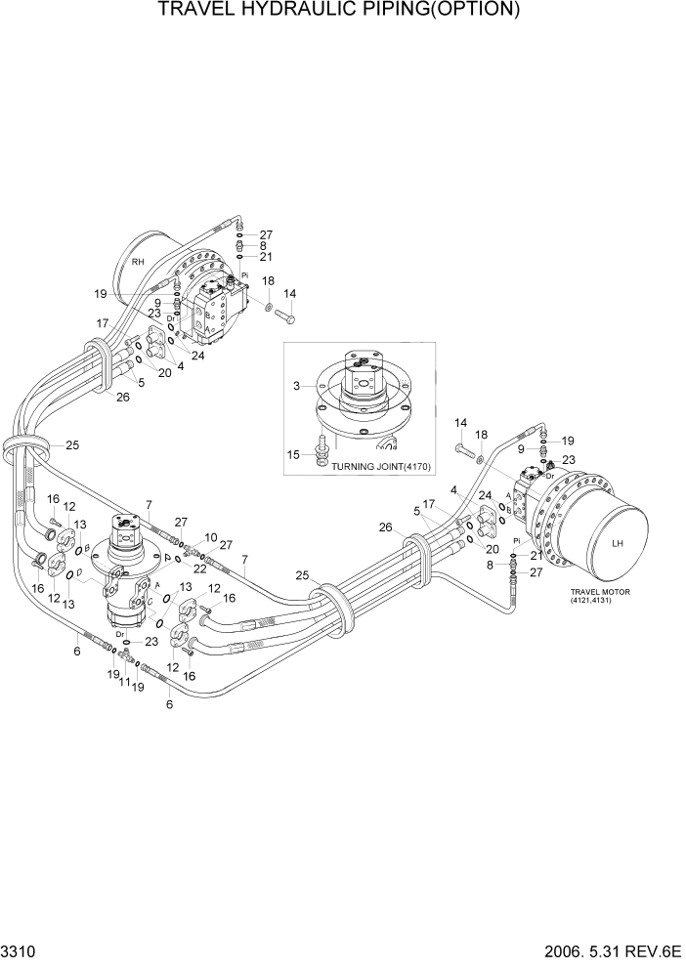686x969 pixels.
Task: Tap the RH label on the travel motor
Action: coord(138,262)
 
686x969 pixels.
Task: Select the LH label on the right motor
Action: coord(617,543)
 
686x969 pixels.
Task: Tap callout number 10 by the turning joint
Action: coord(211,538)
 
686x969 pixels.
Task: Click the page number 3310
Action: coord(19,949)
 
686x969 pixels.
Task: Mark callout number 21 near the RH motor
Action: coord(266,257)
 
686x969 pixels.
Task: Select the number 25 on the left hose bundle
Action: coord(71,445)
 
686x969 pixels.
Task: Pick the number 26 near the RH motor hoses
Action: coord(123,397)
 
